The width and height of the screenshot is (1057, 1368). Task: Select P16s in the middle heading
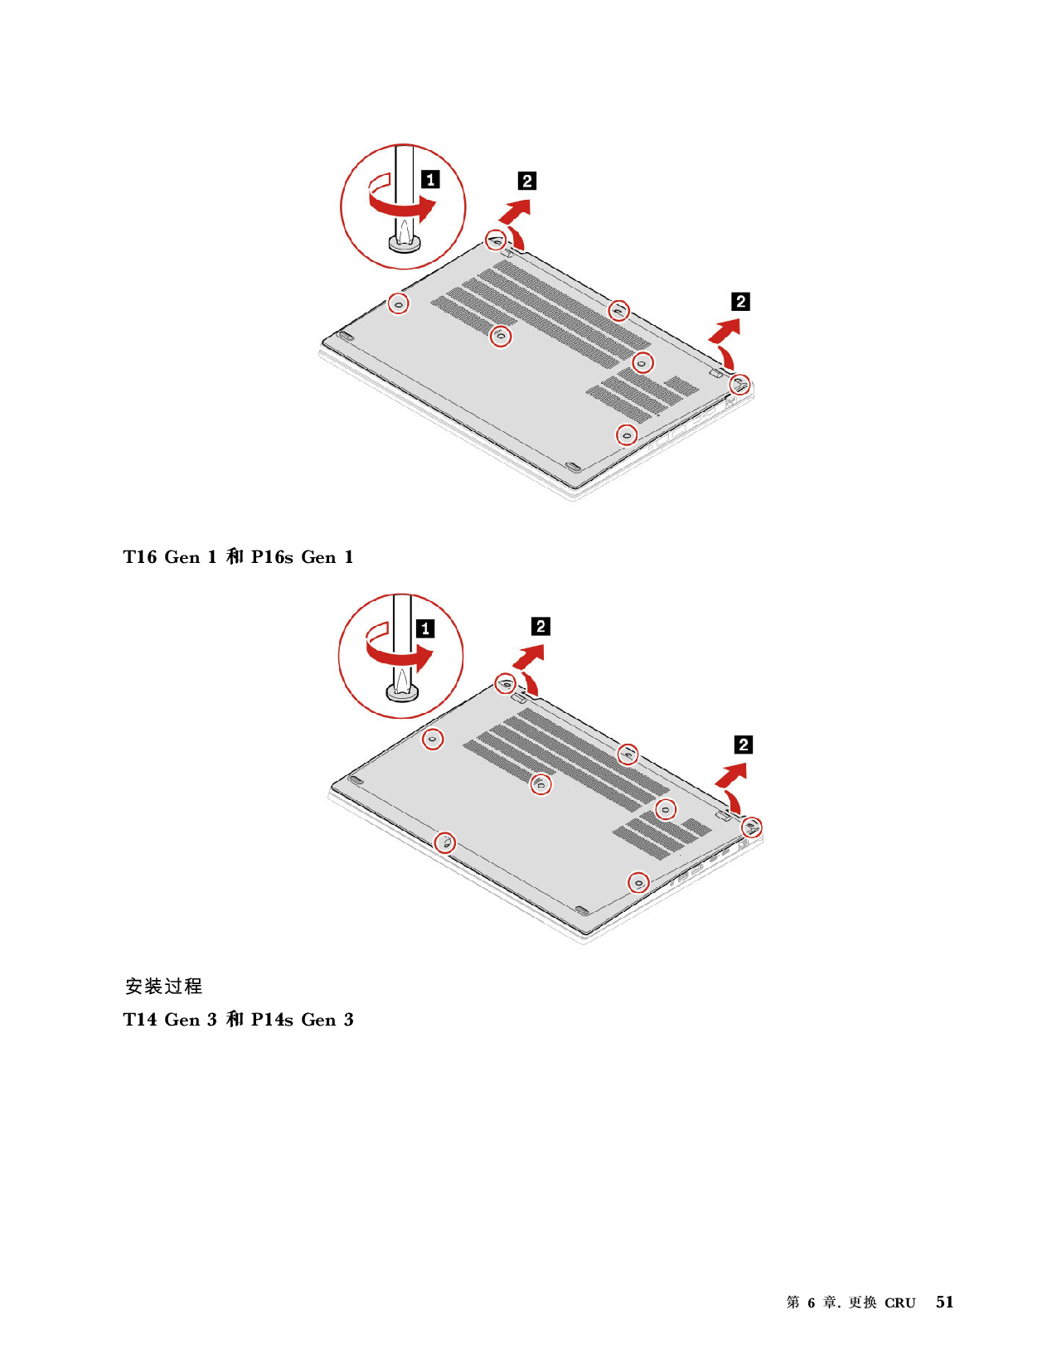pyautogui.click(x=273, y=557)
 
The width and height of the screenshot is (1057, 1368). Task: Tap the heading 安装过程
pyautogui.click(x=163, y=986)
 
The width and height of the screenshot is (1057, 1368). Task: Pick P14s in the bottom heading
pyautogui.click(x=273, y=1020)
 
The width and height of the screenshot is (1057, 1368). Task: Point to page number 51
pyautogui.click(x=944, y=1303)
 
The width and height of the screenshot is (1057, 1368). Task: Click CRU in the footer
pyautogui.click(x=899, y=1303)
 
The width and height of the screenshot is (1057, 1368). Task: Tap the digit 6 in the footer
pyautogui.click(x=812, y=1303)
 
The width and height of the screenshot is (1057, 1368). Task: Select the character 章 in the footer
pyautogui.click(x=831, y=1303)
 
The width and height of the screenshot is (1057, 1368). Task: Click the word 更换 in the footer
pyautogui.click(x=862, y=1303)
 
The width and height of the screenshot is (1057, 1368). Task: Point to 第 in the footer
pyautogui.click(x=793, y=1303)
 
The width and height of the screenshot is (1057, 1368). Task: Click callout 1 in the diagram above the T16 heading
pyautogui.click(x=430, y=180)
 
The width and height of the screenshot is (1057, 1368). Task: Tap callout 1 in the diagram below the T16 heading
pyautogui.click(x=425, y=628)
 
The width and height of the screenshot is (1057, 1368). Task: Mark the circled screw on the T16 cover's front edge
pyautogui.click(x=445, y=842)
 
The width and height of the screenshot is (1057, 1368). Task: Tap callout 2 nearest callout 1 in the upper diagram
pyautogui.click(x=527, y=182)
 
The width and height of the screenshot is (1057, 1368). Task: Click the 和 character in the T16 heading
pyautogui.click(x=234, y=557)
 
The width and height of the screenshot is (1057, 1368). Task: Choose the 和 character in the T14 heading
pyautogui.click(x=234, y=1020)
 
